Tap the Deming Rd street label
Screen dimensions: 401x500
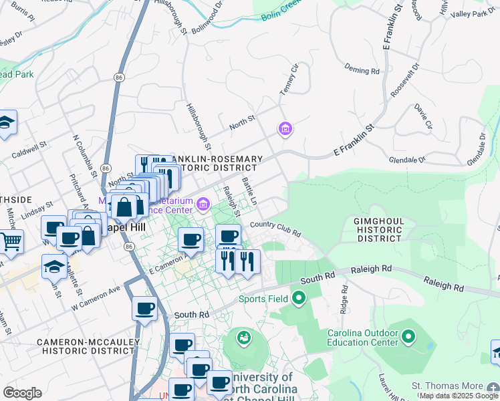click(x=362, y=69)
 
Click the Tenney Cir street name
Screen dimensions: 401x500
click(x=289, y=80)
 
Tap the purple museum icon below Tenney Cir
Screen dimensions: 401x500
click(x=285, y=128)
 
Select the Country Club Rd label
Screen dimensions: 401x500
click(x=275, y=229)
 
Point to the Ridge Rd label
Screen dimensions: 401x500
click(x=345, y=300)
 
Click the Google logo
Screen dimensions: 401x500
click(x=22, y=393)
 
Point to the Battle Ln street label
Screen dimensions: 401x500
click(x=249, y=191)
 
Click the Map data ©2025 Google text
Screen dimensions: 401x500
click(x=458, y=396)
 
